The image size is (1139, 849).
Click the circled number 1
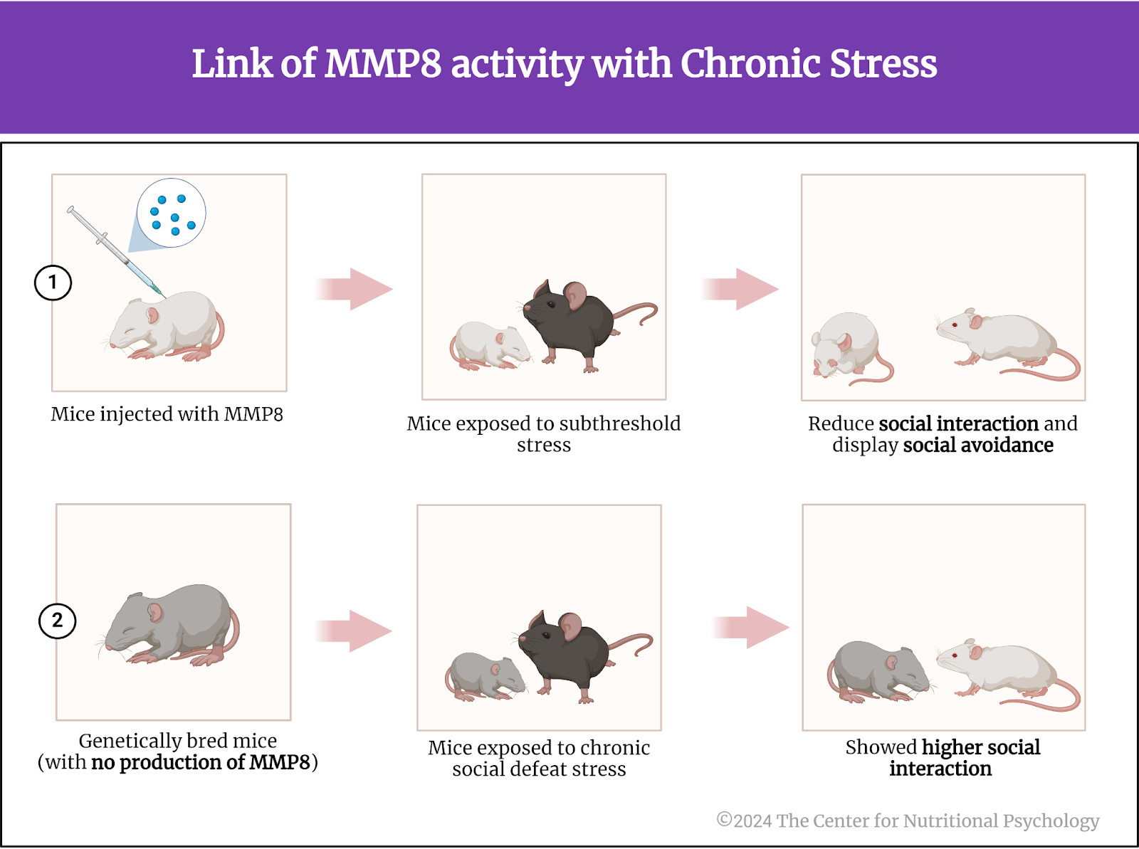53,283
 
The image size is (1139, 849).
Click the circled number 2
57,621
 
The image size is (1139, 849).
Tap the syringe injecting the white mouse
115,251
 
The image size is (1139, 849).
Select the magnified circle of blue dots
172,213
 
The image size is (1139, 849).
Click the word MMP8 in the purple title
383,64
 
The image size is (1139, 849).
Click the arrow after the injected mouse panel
354,289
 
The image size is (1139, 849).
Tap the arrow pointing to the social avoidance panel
740,289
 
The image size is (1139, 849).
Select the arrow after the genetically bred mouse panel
353,631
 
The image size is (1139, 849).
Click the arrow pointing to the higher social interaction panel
751,627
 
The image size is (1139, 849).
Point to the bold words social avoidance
978,445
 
